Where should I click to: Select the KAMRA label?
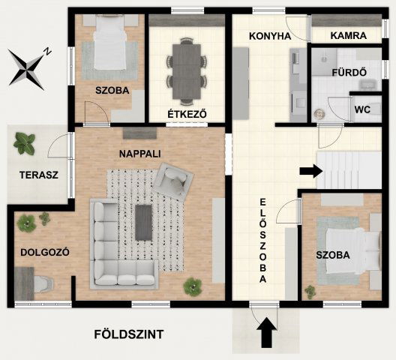347,35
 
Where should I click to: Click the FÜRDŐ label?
348,73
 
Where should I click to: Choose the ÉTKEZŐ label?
187,113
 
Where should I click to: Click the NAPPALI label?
140,153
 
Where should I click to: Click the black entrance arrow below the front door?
265,334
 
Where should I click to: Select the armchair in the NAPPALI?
173,180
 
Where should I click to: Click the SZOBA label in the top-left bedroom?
112,91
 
